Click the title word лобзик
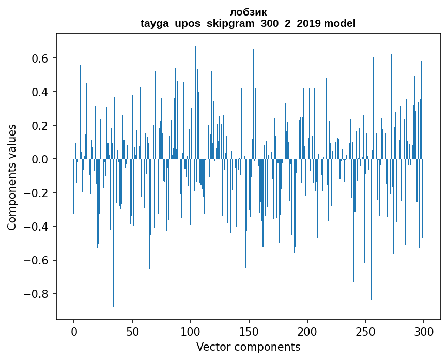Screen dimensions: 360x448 pos(248,12)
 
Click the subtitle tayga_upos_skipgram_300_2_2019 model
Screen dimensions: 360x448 pos(248,23)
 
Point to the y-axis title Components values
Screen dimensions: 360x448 pos(12,177)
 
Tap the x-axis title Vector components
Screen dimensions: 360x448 pos(248,347)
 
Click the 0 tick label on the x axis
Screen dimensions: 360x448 pos(74,331)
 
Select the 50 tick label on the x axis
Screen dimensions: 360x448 pos(132,331)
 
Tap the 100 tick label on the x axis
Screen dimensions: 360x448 pos(191,331)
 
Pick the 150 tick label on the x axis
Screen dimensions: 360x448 pos(249,331)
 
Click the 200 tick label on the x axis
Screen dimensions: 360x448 pos(307,331)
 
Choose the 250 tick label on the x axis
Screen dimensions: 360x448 pos(366,331)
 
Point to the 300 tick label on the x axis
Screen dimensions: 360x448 pos(424,331)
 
